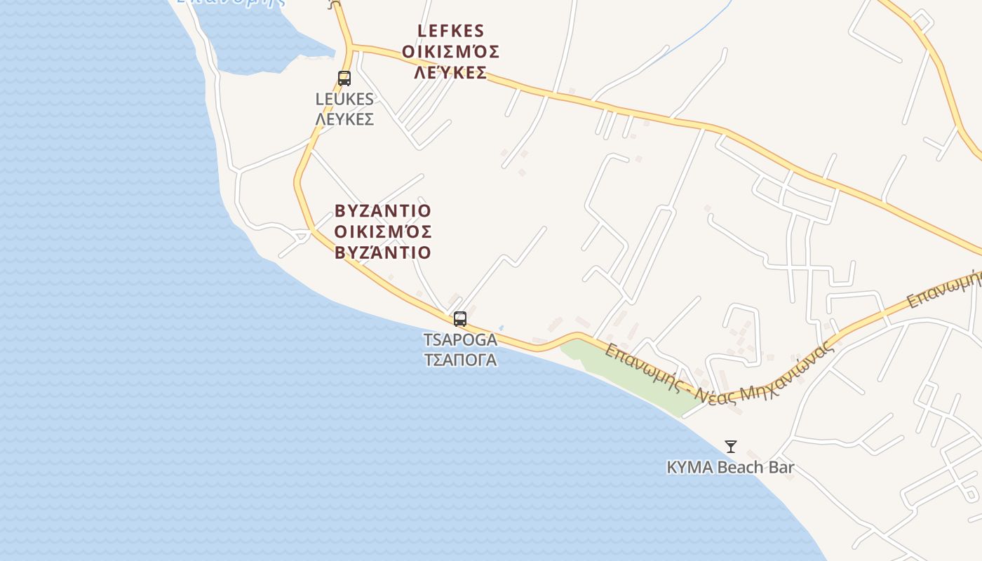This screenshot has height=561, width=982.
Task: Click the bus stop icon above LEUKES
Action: (x=344, y=79)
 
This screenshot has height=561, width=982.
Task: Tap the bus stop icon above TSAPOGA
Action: (x=460, y=319)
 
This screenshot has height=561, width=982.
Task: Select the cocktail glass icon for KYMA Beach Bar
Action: (x=731, y=446)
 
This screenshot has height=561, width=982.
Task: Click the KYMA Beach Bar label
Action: (x=730, y=467)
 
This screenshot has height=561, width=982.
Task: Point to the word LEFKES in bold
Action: (x=450, y=31)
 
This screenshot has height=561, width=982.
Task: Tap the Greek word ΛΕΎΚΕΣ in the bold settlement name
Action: (x=450, y=73)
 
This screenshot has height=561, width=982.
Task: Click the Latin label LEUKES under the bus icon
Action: (x=344, y=100)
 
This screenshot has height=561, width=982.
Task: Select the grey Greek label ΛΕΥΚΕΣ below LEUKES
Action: (x=344, y=119)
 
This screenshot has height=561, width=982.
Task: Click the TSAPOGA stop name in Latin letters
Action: (x=460, y=340)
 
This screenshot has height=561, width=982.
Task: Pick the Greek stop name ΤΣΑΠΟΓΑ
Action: (x=460, y=360)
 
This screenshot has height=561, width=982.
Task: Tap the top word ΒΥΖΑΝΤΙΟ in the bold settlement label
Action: (x=383, y=211)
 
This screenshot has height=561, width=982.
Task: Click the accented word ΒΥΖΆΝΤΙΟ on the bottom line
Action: (x=383, y=252)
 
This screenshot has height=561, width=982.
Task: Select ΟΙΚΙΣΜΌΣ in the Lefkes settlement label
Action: (x=450, y=52)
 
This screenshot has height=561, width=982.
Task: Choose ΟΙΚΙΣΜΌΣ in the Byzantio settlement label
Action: (x=383, y=231)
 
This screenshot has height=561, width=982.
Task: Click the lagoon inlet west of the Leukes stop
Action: (x=260, y=42)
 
